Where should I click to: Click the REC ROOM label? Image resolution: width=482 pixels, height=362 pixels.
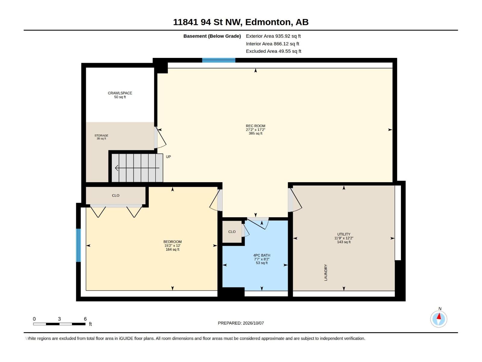coord(255,126)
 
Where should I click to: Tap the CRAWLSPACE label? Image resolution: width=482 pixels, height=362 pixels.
coord(120,93)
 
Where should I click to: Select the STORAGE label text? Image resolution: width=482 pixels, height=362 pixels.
coord(101,135)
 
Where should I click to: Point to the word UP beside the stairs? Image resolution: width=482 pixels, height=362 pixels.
coord(168,157)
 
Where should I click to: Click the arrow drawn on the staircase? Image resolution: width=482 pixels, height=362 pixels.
coord(137,168)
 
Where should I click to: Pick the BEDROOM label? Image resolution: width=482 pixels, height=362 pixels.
coord(172,242)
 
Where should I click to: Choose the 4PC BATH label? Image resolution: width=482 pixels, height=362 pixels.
coord(261,255)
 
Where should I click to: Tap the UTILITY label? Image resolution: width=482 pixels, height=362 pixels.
coord(344,234)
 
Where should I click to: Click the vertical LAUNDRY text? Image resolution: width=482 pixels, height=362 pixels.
coord(326,272)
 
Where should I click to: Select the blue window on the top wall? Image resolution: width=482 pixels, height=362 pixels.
coord(218,60)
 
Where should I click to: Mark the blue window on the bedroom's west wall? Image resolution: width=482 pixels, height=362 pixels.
coord(78,245)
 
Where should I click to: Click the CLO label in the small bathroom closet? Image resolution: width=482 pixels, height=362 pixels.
coord(232,232)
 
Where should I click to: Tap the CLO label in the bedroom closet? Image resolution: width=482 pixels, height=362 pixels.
coord(115,195)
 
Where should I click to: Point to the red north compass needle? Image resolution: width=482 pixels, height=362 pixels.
coord(439,316)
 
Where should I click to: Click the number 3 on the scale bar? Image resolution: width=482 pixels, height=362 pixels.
coord(59,319)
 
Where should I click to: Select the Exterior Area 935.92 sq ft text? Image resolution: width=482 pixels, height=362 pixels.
coord(273,36)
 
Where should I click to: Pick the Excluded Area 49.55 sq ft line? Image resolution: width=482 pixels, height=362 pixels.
coord(274,51)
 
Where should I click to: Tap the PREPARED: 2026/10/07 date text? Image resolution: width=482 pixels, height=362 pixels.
coord(241,323)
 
